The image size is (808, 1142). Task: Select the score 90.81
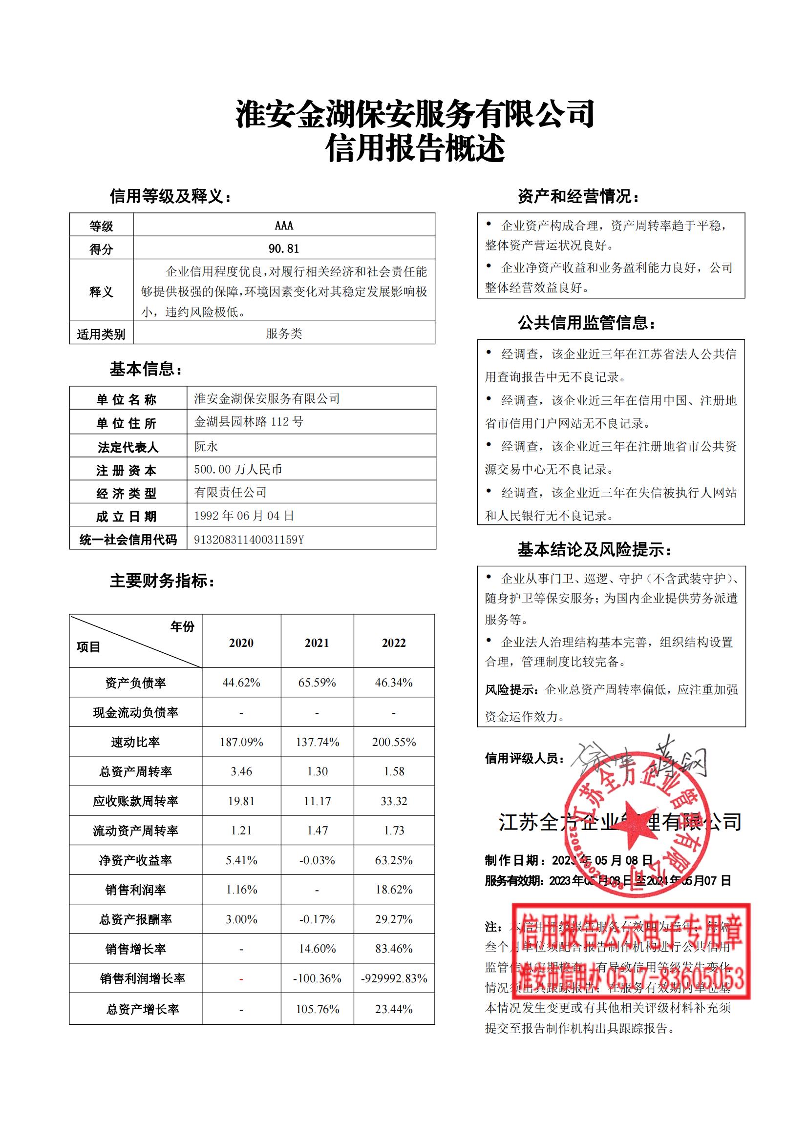point(284,248)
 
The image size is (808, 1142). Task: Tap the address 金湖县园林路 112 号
point(248,422)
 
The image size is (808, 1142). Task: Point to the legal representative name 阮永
point(206,446)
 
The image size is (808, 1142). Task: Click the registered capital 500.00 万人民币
point(238,469)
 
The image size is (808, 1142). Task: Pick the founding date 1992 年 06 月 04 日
point(244,516)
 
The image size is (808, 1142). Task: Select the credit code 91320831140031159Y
point(248,540)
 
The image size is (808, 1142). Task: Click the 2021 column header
point(317,643)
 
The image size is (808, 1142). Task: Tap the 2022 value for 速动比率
point(394,742)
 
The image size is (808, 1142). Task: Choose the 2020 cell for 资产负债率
point(241,683)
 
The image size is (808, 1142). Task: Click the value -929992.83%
point(394,978)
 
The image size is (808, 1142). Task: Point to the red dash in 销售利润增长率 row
point(241,979)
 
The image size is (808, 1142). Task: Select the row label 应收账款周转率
point(135,801)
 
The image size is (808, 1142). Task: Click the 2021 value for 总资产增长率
point(317,1009)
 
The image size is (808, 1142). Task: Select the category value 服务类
point(284,333)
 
